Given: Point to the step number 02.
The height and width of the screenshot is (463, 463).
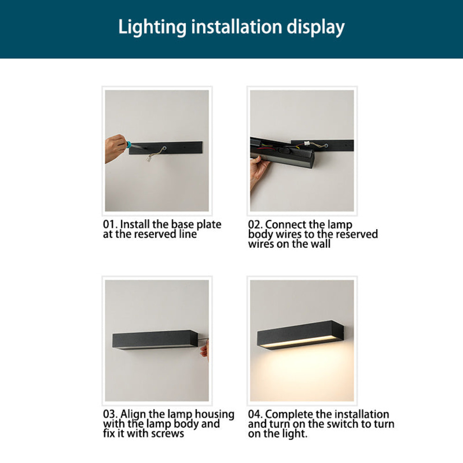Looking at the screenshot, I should tap(255, 225).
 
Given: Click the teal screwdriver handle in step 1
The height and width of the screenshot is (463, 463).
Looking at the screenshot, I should tap(127, 145).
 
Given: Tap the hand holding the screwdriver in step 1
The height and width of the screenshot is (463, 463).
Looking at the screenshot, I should tap(114, 148).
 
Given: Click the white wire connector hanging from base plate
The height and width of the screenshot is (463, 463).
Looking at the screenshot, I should tap(150, 158).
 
